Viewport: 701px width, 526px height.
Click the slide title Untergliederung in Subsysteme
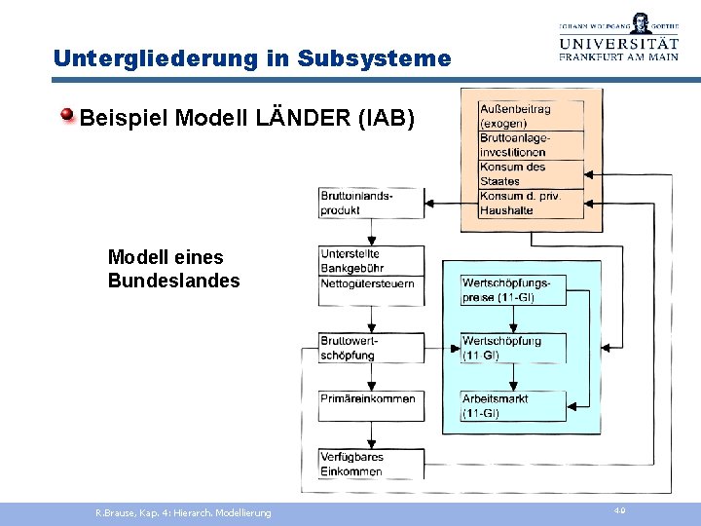coord(252,58)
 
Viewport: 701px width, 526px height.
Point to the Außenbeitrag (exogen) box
coord(531,116)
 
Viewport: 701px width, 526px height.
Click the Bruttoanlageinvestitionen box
coord(531,145)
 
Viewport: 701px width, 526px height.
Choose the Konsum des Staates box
coord(531,173)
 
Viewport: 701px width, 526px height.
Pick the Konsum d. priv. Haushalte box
coord(531,203)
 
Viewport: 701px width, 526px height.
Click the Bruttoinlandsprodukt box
coord(371,203)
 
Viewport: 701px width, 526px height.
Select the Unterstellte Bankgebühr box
coord(371,261)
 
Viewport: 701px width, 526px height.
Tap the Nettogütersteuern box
coord(371,284)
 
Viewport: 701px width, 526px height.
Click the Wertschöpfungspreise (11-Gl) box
coord(513,290)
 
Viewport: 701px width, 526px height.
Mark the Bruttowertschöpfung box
coord(371,348)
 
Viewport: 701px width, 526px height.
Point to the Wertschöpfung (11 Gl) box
coord(513,348)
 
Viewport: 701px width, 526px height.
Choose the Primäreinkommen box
coord(371,404)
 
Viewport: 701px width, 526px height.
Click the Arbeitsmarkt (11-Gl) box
coord(513,405)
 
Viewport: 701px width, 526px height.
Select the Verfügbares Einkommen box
coord(371,464)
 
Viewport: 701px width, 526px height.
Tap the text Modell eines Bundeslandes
coord(173,269)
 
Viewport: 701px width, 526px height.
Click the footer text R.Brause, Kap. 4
coord(183,512)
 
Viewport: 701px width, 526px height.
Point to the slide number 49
coord(620,510)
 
